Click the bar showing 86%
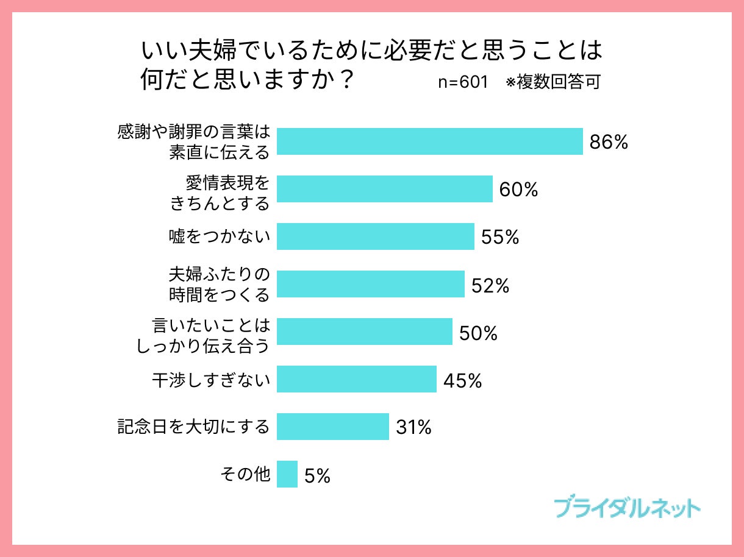click(x=429, y=141)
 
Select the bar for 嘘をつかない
click(x=375, y=236)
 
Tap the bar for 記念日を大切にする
click(x=332, y=427)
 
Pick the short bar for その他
click(x=287, y=474)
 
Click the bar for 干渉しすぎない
click(x=356, y=379)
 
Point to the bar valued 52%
click(x=370, y=284)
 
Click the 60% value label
click(x=518, y=190)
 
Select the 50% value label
click(x=478, y=333)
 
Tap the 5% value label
click(x=317, y=475)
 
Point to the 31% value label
click(x=413, y=428)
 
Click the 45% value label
click(x=462, y=380)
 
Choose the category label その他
click(x=245, y=474)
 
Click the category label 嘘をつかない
click(x=219, y=236)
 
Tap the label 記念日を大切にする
click(x=193, y=427)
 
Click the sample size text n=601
click(x=463, y=83)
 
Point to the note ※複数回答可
click(x=553, y=83)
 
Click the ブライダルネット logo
click(x=628, y=508)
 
